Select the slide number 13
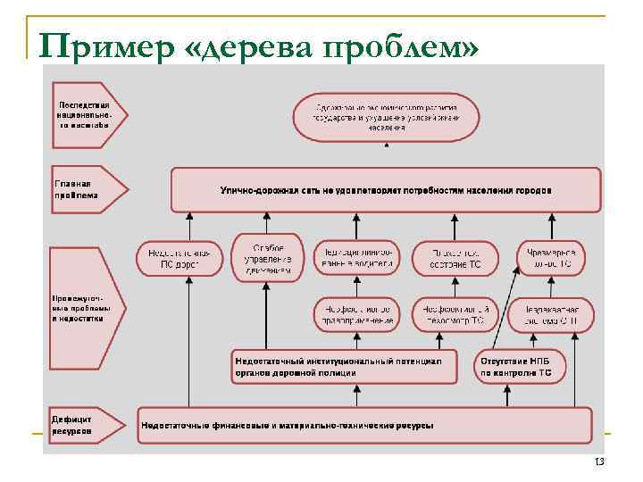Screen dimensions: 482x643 click(x=598, y=461)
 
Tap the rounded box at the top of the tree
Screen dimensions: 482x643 click(x=386, y=116)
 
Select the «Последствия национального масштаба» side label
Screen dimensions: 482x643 click(x=85, y=114)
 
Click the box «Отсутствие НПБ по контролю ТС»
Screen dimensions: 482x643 click(x=522, y=366)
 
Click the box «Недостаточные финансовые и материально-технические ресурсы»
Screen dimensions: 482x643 click(x=364, y=424)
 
